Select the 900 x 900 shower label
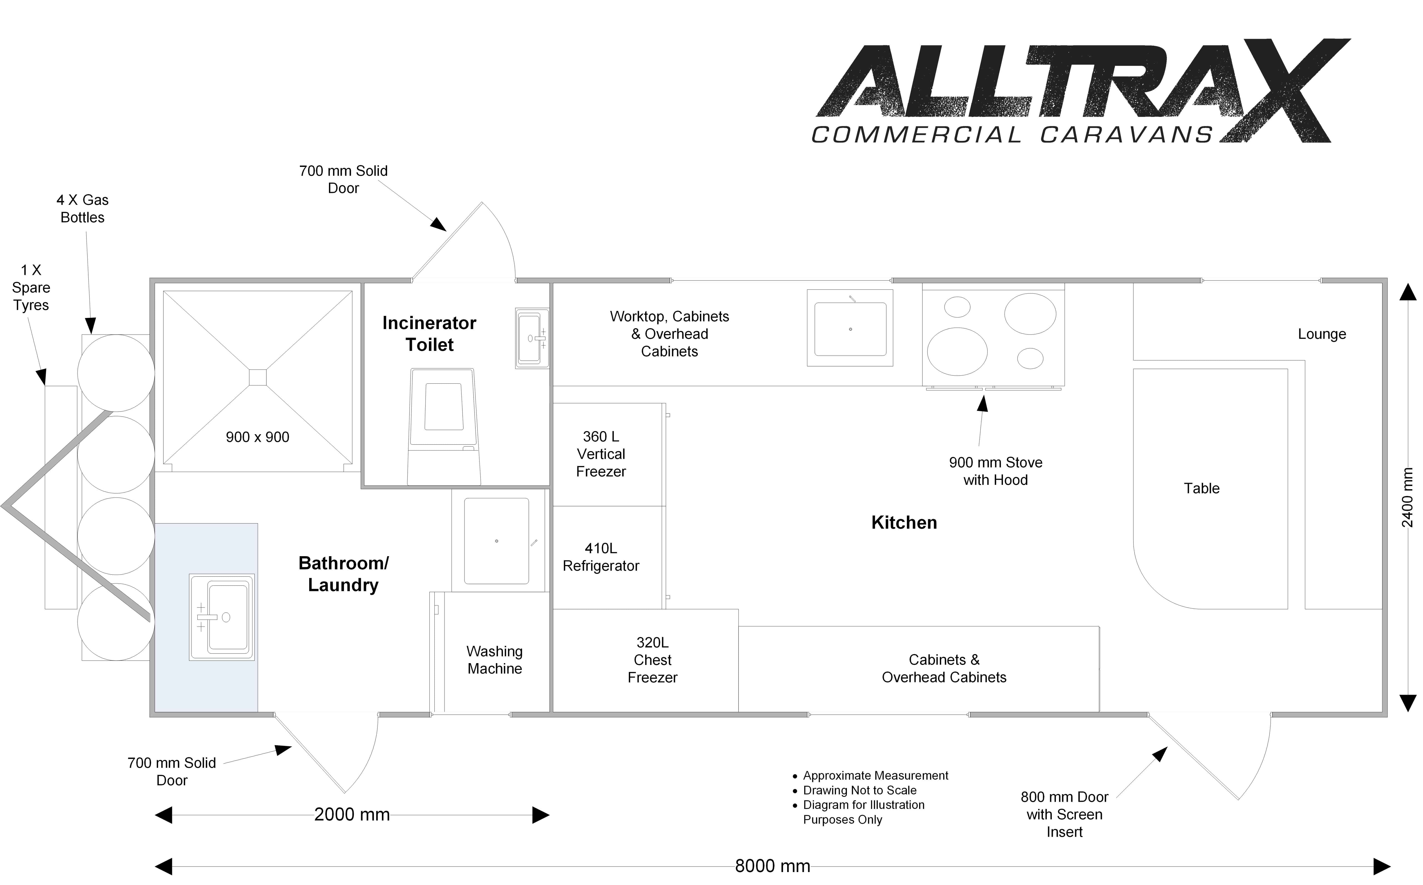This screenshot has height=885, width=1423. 258,437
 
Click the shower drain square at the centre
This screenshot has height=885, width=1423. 258,377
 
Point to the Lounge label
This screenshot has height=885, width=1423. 1322,334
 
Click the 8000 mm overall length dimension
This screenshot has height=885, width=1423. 773,866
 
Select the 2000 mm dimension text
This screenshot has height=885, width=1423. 352,814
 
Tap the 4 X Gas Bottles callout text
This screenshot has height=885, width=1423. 82,209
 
